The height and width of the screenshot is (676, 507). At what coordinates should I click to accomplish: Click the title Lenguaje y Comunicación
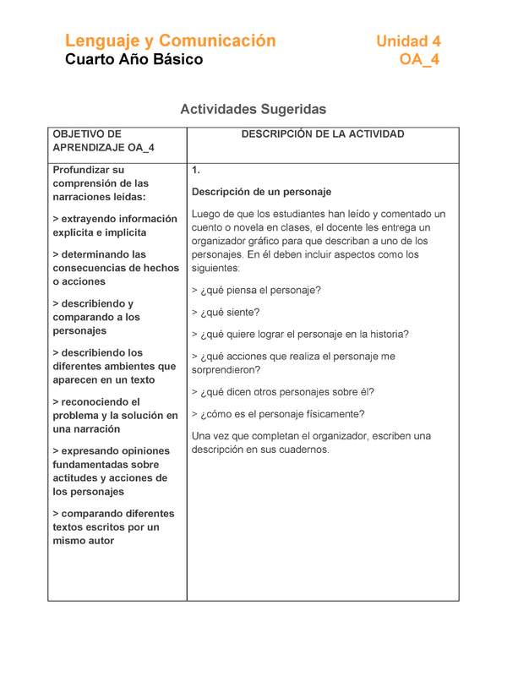pos(171,41)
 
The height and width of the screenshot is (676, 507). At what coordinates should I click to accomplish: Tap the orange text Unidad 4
pos(407,41)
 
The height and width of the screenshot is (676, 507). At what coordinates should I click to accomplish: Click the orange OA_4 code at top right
pos(419,60)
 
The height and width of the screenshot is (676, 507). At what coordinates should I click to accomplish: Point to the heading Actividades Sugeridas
pos(253,109)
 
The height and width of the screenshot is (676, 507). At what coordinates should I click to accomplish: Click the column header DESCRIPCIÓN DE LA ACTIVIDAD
pos(323,134)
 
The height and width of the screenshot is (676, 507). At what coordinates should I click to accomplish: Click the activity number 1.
pos(195,170)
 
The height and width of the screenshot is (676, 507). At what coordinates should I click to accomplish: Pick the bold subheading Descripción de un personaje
pos(261,192)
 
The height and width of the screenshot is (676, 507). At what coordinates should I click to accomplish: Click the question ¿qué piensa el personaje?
pos(256,290)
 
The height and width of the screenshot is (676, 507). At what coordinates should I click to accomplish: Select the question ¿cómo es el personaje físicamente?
pos(278,414)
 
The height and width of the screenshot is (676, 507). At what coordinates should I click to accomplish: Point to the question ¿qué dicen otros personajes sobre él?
pos(283,392)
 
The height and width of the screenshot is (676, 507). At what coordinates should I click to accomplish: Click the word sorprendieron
pos(226,370)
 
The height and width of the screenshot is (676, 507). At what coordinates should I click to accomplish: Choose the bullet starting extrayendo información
pos(114,226)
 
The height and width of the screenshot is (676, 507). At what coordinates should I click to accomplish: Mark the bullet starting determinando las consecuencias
pos(116,268)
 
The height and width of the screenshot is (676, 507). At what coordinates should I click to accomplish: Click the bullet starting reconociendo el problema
pos(115,416)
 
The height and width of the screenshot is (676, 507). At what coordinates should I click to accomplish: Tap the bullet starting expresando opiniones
pos(111,471)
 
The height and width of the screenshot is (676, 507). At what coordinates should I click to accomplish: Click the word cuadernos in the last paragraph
pos(304,450)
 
